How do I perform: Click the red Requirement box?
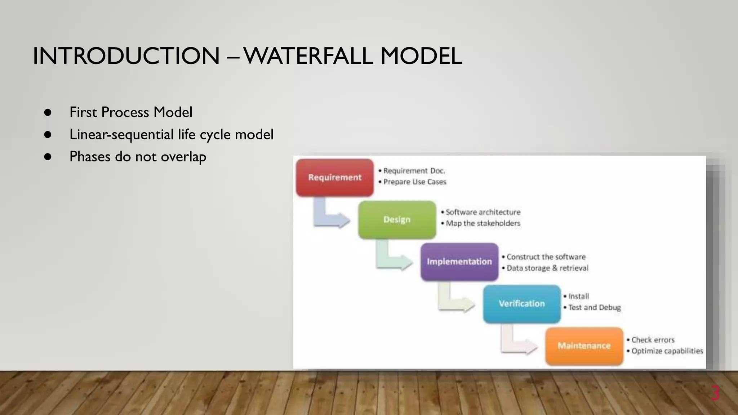(x=334, y=178)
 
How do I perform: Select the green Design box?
(x=397, y=220)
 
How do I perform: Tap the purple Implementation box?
(x=459, y=262)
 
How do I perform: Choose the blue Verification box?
(x=521, y=304)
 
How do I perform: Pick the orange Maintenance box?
(x=584, y=346)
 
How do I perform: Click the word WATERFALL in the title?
(x=308, y=56)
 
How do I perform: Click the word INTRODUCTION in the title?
(x=126, y=56)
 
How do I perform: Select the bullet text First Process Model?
(x=131, y=112)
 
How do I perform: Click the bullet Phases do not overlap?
(x=138, y=157)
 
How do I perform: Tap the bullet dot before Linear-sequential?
(x=48, y=135)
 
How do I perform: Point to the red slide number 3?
(x=715, y=393)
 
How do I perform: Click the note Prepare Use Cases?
(x=414, y=182)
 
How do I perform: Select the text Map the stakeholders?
(x=483, y=223)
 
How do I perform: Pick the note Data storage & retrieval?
(x=547, y=268)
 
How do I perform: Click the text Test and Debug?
(x=594, y=308)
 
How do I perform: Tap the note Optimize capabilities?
(x=667, y=351)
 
